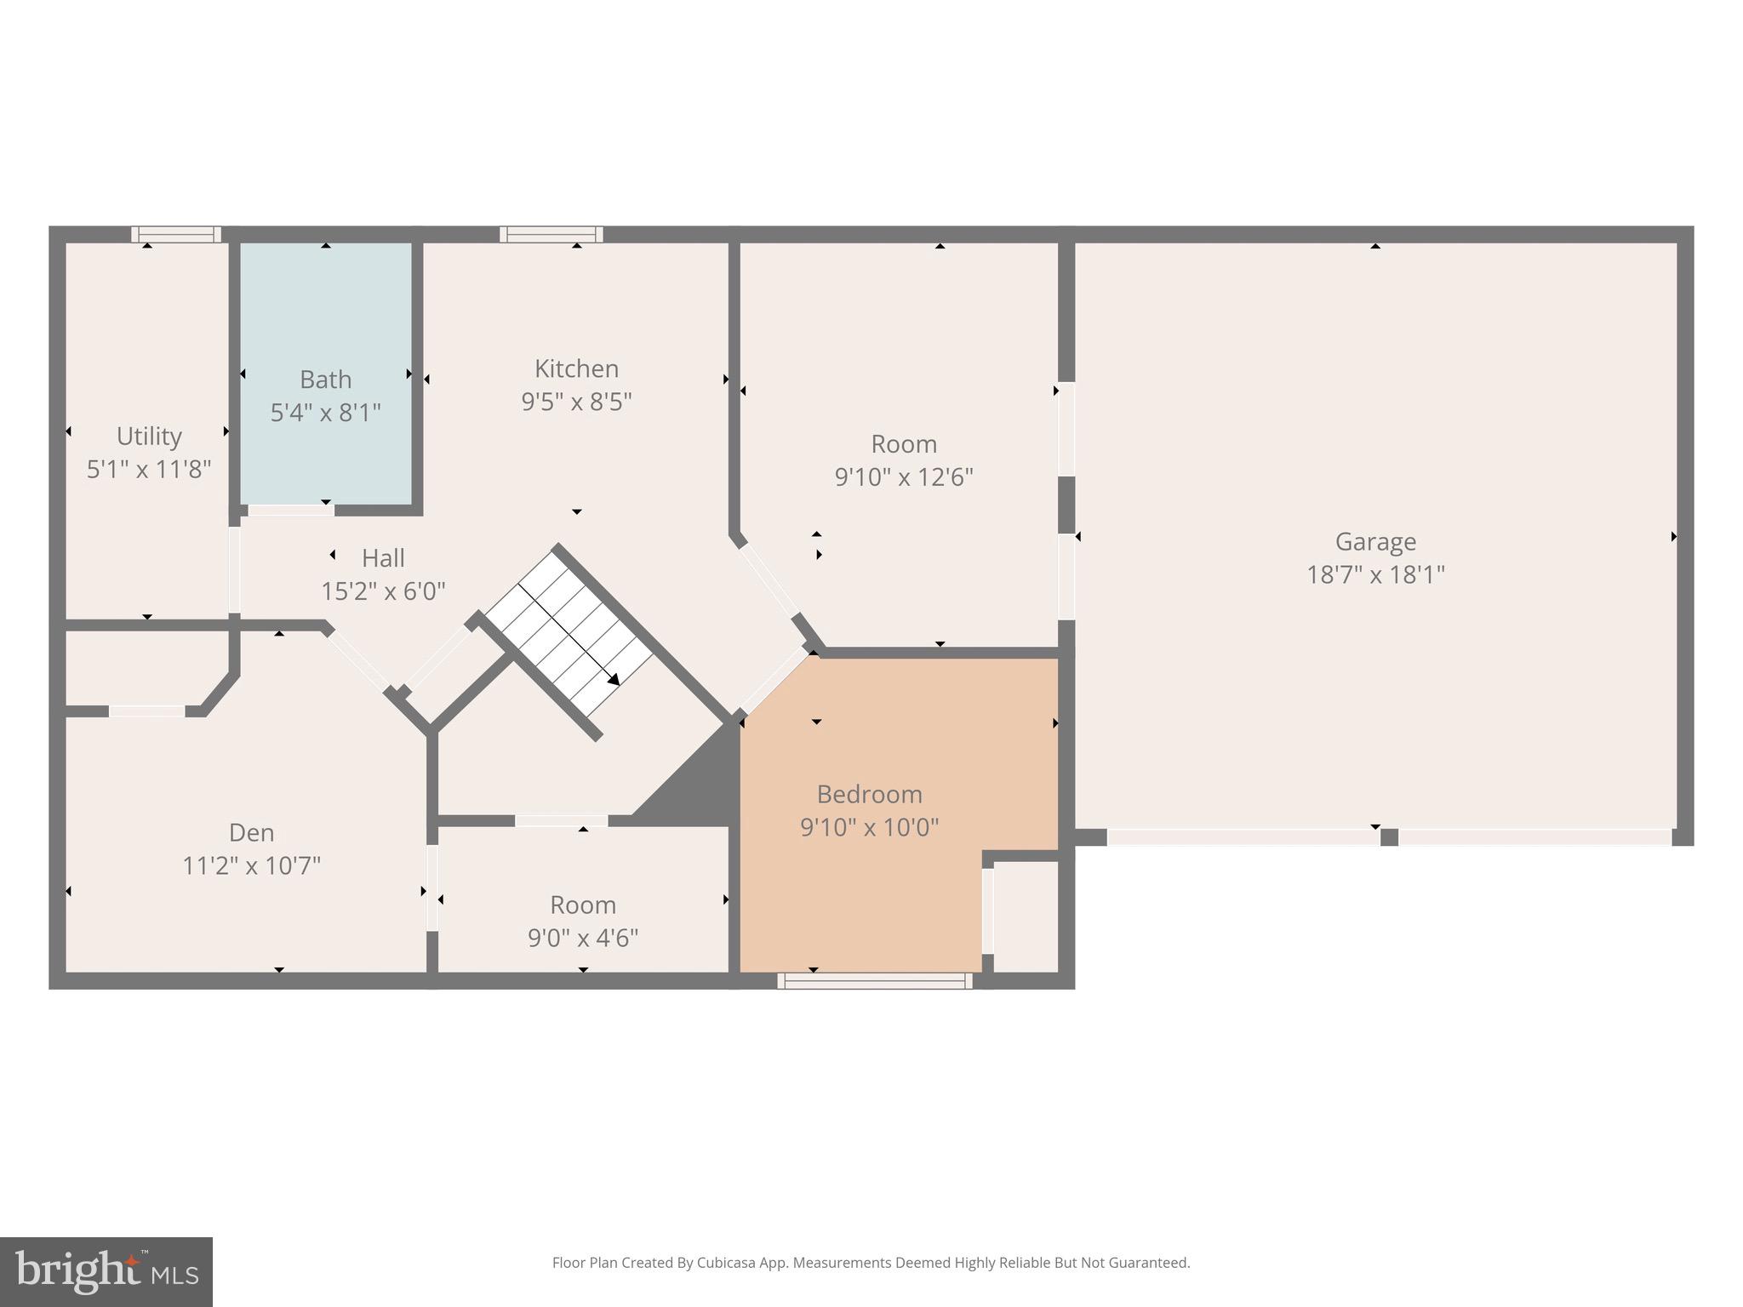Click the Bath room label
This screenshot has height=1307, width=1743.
(325, 380)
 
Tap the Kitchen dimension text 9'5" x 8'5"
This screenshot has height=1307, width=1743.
(576, 402)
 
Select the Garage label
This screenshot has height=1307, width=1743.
(1375, 541)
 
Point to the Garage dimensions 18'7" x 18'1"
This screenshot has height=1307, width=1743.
(1375, 575)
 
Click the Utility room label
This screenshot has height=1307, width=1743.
(149, 437)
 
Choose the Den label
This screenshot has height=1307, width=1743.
(251, 832)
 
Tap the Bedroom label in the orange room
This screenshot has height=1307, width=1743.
(869, 794)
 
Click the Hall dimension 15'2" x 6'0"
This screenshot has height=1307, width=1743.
(383, 591)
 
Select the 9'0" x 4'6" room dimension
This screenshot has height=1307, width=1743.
(583, 938)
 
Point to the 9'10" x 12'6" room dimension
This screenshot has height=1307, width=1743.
(903, 477)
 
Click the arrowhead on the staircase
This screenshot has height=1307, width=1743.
(613, 679)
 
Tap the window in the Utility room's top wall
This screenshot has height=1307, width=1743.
(176, 235)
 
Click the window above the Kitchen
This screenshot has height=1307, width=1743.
(551, 235)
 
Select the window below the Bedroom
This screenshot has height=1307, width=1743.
(875, 981)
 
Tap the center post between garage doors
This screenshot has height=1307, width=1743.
(1388, 837)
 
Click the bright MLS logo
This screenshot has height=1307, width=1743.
(106, 1271)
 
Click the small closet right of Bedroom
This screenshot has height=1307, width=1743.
(1025, 915)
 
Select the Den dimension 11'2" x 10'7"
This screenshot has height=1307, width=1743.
(251, 866)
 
